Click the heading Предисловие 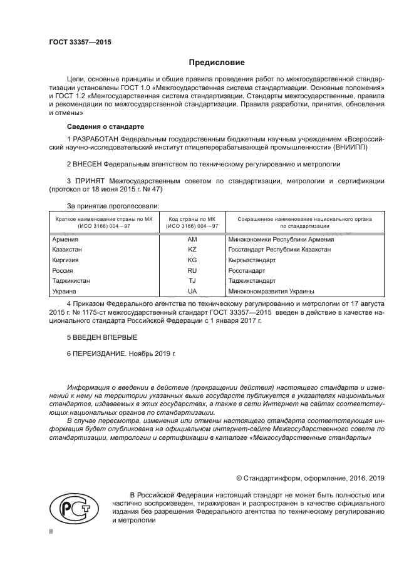[x=217, y=63]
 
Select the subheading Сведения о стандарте [x=101, y=126]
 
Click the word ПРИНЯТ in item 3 [x=88, y=181]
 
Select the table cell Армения [x=66, y=239]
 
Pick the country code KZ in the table [x=192, y=249]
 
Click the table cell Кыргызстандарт [x=252, y=260]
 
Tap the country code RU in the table [x=192, y=270]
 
